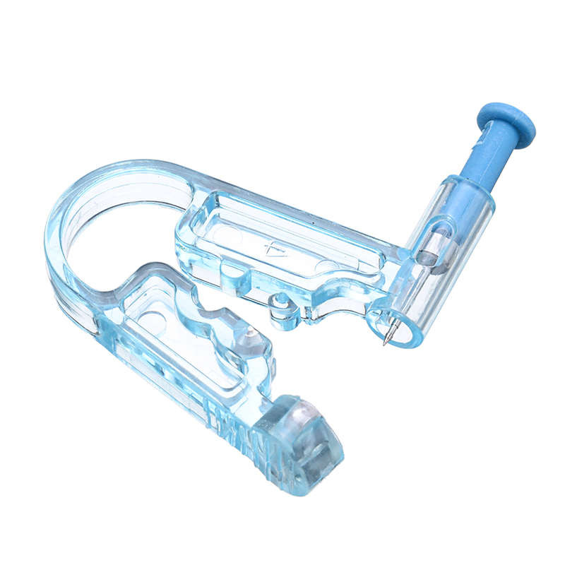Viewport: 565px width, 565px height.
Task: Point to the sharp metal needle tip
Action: coord(385,343)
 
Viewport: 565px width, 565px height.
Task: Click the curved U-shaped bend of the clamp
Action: coord(78,233)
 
